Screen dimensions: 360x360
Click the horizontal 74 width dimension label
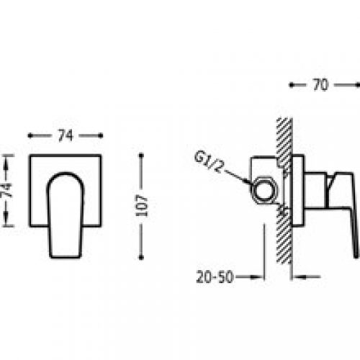[x=66, y=136]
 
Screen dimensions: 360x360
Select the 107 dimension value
[x=141, y=206]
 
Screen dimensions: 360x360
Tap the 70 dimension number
[x=320, y=85]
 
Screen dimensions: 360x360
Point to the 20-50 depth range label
[x=215, y=277]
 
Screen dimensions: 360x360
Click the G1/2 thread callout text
[x=208, y=163]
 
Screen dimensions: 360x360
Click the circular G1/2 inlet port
[x=264, y=191]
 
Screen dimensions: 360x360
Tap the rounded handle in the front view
[x=66, y=215]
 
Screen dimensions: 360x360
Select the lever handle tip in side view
[x=356, y=256]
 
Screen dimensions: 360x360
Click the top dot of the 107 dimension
[x=141, y=156]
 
